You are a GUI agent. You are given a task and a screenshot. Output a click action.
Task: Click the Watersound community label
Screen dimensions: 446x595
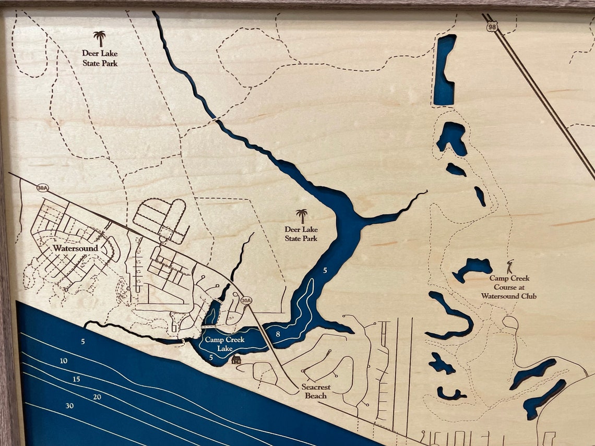coord(75,248)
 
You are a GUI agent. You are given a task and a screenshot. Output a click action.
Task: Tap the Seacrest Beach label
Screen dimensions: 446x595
coord(316,391)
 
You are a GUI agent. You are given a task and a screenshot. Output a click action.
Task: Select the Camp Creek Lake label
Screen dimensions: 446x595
coord(224,344)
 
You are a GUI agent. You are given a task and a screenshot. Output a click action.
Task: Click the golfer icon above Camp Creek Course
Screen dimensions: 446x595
coord(510,264)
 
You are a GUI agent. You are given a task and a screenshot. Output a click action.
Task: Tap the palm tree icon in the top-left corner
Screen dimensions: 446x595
coord(99,38)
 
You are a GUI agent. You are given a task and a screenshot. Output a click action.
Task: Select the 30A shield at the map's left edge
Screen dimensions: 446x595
coord(43,188)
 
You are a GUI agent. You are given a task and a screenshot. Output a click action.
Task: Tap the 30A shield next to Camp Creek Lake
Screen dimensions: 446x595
coord(246,300)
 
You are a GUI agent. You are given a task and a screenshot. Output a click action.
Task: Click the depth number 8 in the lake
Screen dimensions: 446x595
coord(278,333)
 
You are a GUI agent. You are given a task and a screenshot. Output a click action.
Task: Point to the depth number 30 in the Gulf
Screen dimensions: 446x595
coord(69,405)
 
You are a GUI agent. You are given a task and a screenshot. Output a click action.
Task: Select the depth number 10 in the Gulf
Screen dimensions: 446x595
coord(64,361)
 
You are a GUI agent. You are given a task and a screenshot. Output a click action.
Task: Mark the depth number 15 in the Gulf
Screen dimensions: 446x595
coord(77,379)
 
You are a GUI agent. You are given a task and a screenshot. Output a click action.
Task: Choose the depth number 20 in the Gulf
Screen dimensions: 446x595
coord(97,397)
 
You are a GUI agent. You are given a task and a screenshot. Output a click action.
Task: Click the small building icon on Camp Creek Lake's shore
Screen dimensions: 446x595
coord(236,359)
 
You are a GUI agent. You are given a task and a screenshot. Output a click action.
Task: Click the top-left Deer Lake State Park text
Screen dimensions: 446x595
coord(100,58)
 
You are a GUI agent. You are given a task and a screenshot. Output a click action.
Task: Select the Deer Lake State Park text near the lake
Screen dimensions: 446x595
coord(301,234)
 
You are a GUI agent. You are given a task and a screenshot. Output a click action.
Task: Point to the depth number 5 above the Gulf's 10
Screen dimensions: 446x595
coord(82,342)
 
